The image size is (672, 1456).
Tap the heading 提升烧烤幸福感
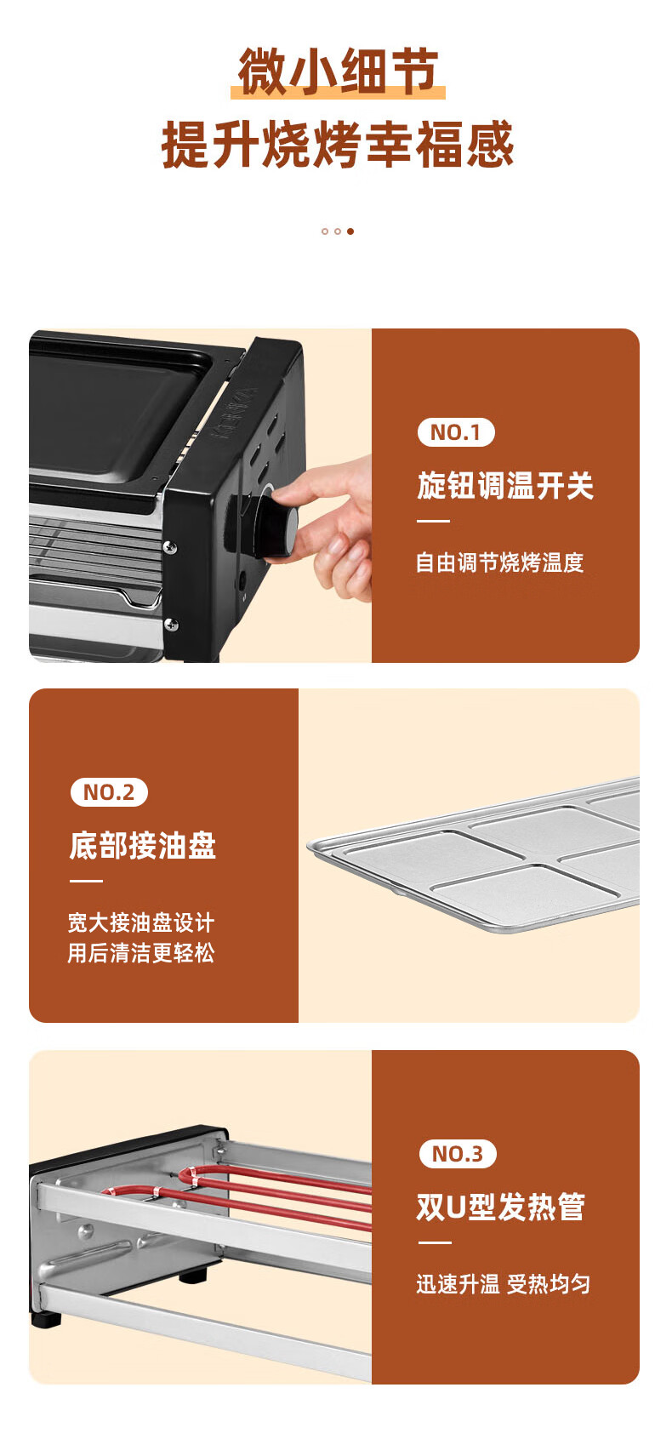[x=338, y=145]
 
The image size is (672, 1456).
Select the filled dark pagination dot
[x=350, y=231]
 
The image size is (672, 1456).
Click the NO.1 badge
[x=456, y=432]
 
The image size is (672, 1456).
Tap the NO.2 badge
[x=109, y=792]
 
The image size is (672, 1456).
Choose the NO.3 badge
[x=458, y=1154]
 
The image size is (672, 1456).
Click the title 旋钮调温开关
[x=505, y=486]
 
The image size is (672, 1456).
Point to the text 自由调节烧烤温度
[x=500, y=562]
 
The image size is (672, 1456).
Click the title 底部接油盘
[x=142, y=846]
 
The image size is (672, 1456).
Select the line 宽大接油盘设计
[x=141, y=922]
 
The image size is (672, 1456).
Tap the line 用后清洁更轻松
[x=141, y=953]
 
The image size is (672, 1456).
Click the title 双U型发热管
[x=500, y=1207]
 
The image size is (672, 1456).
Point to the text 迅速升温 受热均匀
[x=503, y=1284]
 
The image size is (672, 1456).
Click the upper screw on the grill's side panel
[x=170, y=547]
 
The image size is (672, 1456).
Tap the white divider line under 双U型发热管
[x=435, y=1242]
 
